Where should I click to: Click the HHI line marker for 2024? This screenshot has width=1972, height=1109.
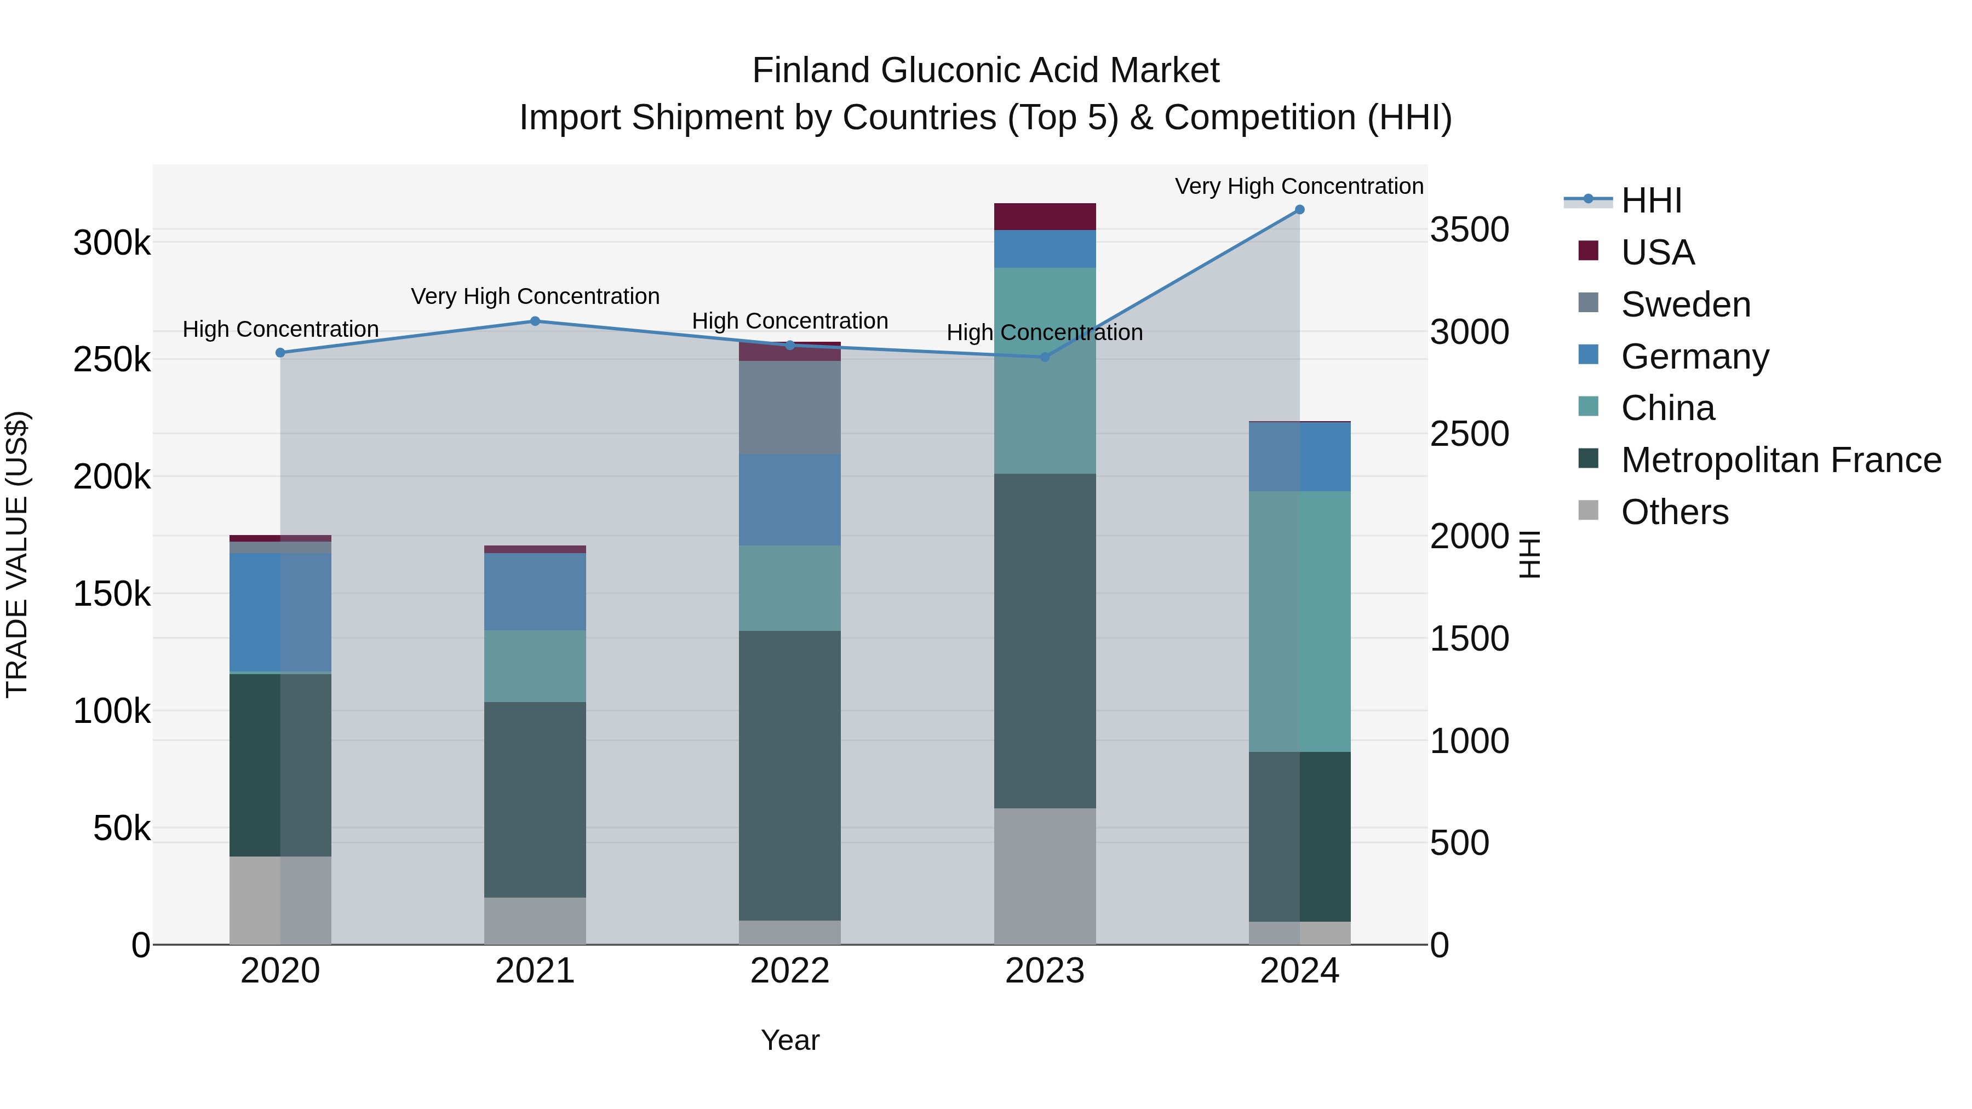(x=1299, y=210)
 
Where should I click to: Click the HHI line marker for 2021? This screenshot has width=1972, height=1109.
(x=535, y=321)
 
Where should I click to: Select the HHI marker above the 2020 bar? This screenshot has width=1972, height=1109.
(x=280, y=353)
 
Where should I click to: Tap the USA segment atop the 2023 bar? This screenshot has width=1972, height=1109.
(x=1045, y=216)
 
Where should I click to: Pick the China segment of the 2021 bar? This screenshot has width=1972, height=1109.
(x=535, y=666)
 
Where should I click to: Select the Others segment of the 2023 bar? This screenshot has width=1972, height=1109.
(x=1045, y=876)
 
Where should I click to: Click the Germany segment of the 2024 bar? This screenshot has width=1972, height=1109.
(x=1299, y=457)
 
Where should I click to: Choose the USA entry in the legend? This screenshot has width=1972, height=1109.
(x=1658, y=252)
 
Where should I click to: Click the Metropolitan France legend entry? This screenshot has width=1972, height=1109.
(x=1781, y=460)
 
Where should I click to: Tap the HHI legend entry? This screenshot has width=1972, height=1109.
(x=1651, y=200)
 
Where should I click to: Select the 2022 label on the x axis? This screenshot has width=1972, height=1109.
(x=790, y=971)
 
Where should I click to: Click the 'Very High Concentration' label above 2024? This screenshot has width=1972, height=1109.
(x=1299, y=186)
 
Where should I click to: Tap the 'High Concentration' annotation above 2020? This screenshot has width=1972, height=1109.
(x=280, y=329)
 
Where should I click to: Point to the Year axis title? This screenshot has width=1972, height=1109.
(x=790, y=1040)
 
